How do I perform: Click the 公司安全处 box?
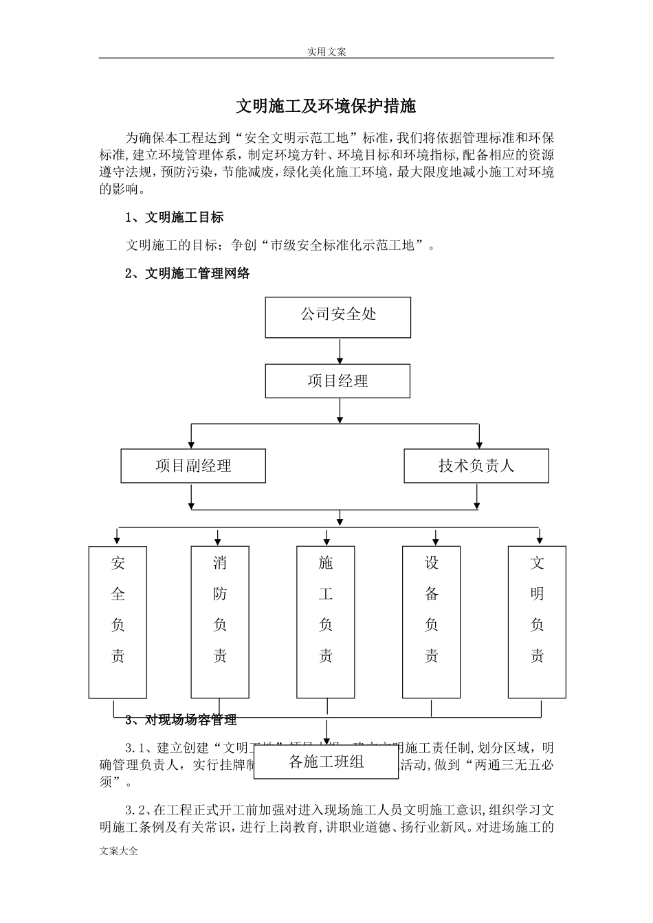(337, 317)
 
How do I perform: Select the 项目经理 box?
(337, 381)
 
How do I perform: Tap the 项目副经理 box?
(193, 466)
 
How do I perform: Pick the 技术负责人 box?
(476, 466)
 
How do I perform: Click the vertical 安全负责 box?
(118, 622)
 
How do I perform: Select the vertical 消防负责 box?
(219, 622)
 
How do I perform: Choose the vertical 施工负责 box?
(326, 622)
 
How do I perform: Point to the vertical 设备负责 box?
(431, 622)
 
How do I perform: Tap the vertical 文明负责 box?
(537, 622)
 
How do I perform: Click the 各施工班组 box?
(326, 762)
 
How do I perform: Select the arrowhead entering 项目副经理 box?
(192, 443)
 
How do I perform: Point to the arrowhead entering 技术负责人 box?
(479, 443)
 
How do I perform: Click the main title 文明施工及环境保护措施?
(326, 106)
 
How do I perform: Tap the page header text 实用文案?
(326, 52)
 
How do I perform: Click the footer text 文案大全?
(119, 851)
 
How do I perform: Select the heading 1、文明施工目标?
(175, 218)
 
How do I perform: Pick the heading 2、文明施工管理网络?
(188, 273)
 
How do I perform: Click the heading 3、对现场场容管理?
(181, 720)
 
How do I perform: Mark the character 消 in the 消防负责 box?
(219, 564)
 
